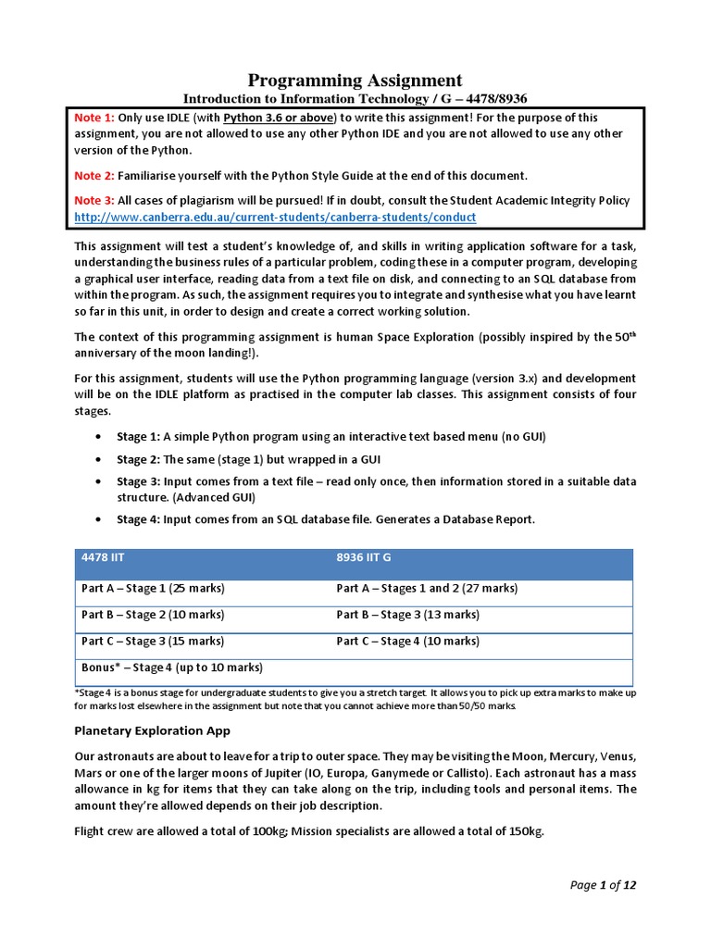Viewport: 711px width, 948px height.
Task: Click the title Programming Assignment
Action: (355, 80)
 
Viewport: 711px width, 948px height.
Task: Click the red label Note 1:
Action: (94, 118)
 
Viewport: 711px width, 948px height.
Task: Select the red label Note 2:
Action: (94, 175)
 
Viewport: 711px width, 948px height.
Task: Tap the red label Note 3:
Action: (94, 201)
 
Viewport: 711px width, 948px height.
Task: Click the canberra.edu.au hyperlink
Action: (275, 217)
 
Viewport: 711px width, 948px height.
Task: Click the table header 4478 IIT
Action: (102, 558)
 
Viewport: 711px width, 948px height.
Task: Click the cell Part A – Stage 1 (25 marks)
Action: (153, 588)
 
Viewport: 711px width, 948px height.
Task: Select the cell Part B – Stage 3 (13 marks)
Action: (406, 615)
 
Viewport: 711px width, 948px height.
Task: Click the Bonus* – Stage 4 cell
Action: (171, 667)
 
